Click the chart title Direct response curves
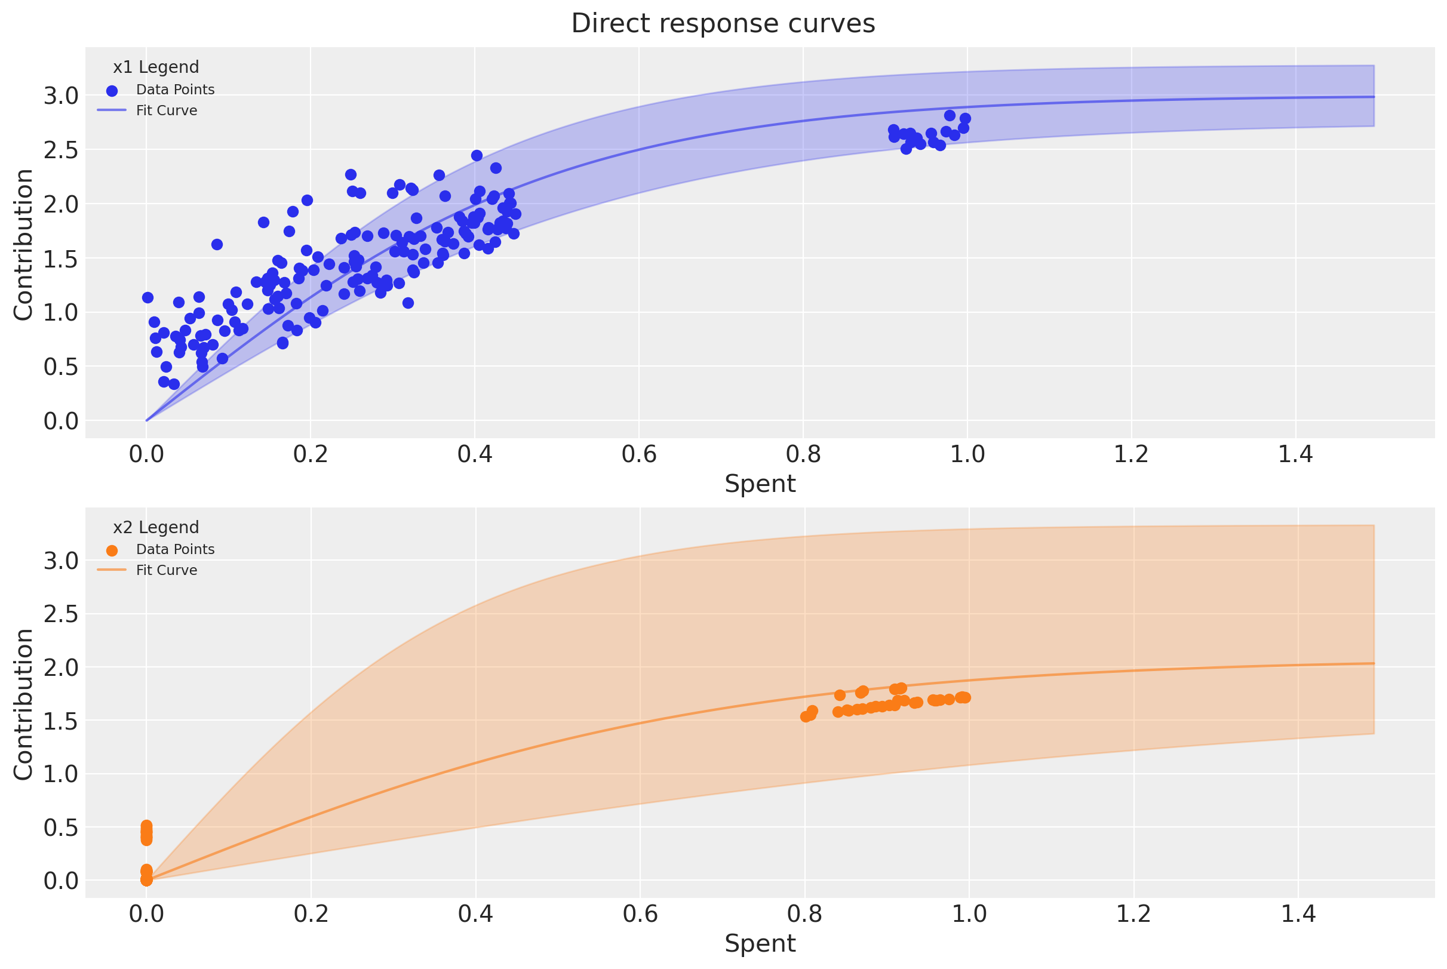point(723,23)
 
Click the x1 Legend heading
point(156,67)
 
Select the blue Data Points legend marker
point(112,91)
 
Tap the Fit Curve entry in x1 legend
point(166,110)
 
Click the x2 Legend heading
point(156,527)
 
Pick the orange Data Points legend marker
point(112,550)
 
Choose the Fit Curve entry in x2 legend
point(166,570)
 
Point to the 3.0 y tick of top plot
point(61,96)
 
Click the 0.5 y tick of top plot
point(61,367)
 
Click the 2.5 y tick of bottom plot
point(61,614)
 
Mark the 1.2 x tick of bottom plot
point(1133,914)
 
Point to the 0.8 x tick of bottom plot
point(804,914)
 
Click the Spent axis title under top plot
point(760,483)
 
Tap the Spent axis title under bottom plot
point(760,943)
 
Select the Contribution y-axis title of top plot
point(23,245)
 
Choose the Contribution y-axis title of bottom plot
point(23,704)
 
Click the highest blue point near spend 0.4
point(477,156)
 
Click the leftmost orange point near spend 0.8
point(806,717)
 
